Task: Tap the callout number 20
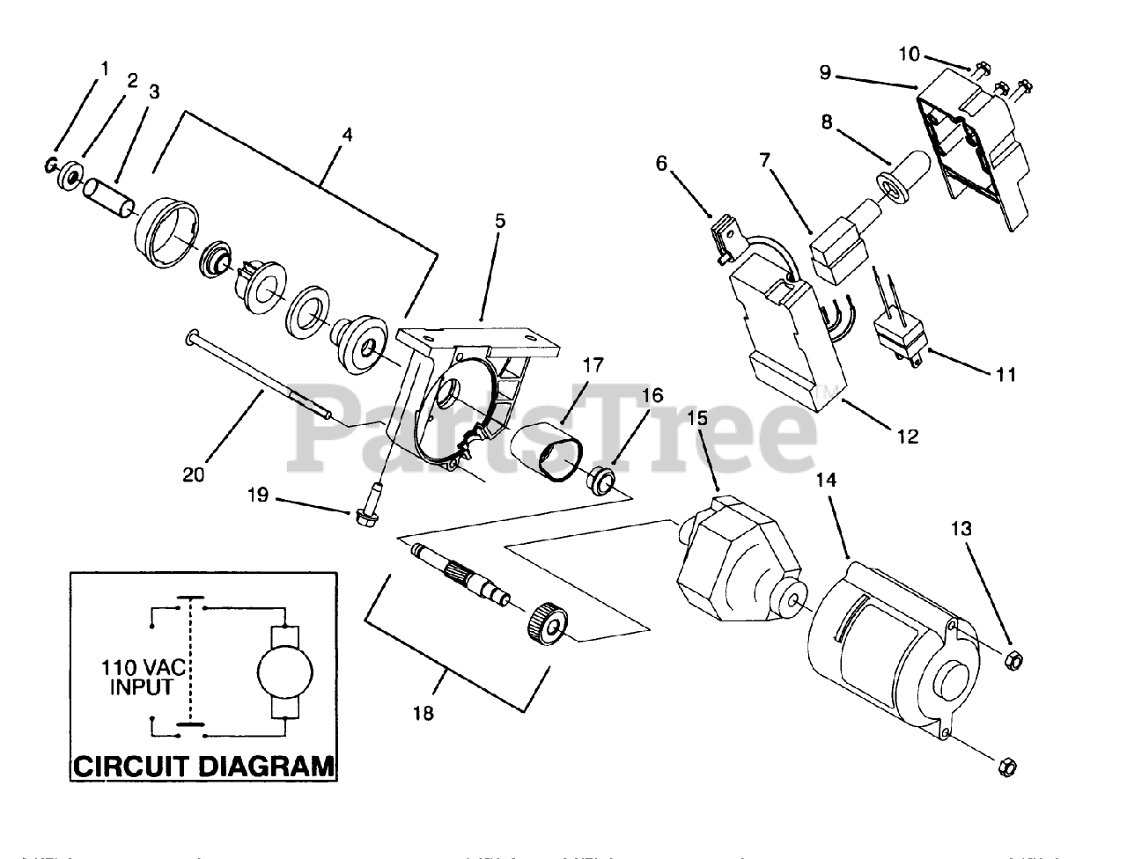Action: point(193,474)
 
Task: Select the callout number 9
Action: point(824,72)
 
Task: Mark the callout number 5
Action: point(499,221)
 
